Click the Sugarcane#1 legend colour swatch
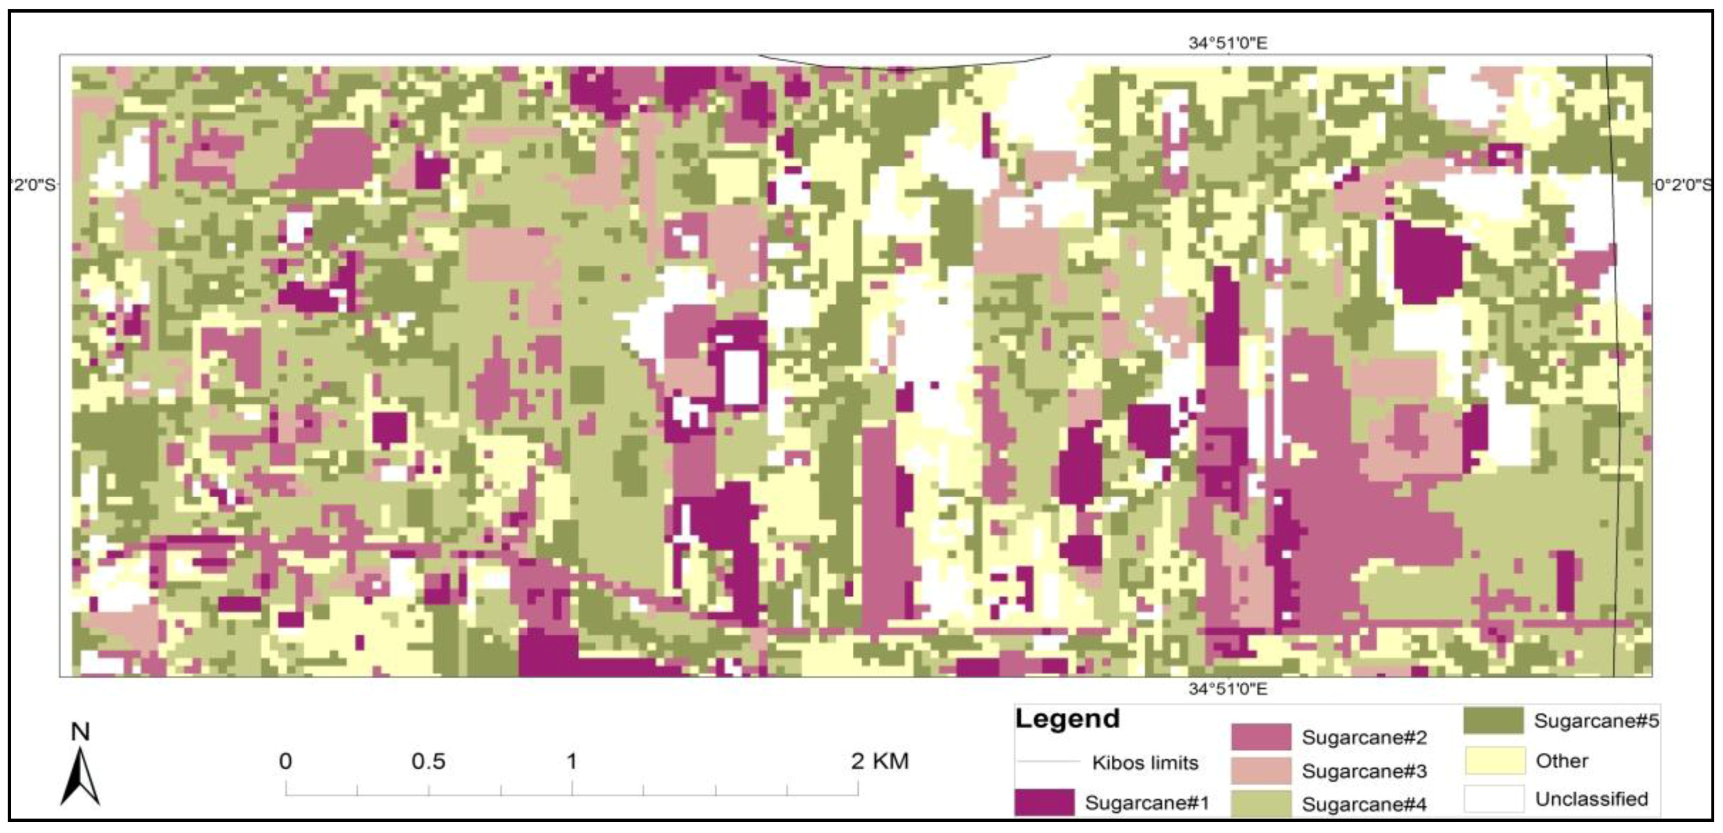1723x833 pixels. click(x=1044, y=801)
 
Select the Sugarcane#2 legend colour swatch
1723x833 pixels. click(x=1261, y=737)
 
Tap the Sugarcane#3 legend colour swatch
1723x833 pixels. click(x=1261, y=770)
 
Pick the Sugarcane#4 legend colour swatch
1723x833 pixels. click(x=1261, y=803)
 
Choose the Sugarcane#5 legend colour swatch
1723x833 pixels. click(x=1493, y=721)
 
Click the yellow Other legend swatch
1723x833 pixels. click(x=1494, y=760)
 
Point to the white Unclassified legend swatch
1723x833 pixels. click(x=1494, y=798)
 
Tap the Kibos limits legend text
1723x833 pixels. click(x=1144, y=763)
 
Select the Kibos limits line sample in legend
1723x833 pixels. click(x=1047, y=762)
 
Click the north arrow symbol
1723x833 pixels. click(x=80, y=776)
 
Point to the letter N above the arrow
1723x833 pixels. click(x=80, y=732)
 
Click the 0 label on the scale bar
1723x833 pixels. click(x=286, y=762)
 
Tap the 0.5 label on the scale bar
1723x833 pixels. click(x=428, y=762)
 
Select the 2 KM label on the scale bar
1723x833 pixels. click(x=879, y=761)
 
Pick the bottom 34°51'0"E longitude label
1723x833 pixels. click(x=1227, y=689)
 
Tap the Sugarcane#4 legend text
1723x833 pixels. click(x=1364, y=804)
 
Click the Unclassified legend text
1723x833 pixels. click(x=1591, y=799)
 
